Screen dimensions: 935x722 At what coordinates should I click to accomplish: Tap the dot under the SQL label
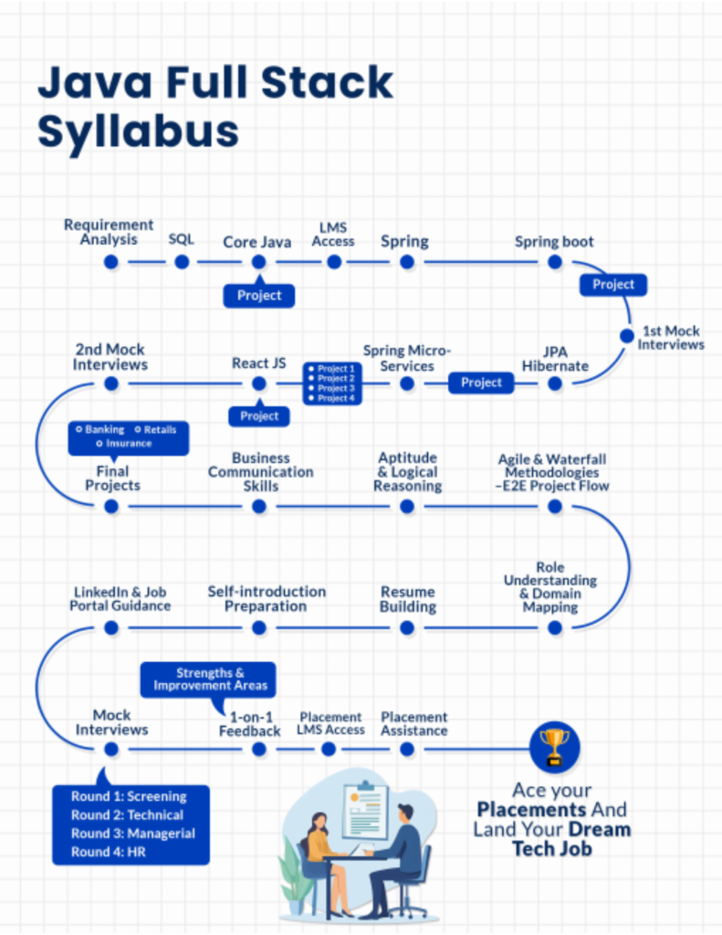click(x=182, y=262)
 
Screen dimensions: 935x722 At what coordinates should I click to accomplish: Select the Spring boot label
click(x=554, y=242)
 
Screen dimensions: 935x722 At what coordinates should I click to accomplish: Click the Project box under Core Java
click(x=259, y=295)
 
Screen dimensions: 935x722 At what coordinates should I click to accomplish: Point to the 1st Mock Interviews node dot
click(x=626, y=335)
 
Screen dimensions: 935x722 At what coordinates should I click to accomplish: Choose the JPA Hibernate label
click(x=555, y=358)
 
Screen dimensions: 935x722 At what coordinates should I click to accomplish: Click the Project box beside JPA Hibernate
click(x=481, y=383)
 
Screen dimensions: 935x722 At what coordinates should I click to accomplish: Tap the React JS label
click(x=258, y=363)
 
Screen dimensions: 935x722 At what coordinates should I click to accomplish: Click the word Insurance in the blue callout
click(x=129, y=444)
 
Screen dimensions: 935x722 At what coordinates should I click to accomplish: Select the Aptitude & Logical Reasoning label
click(x=407, y=472)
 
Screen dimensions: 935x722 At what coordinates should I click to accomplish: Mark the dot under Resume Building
click(x=407, y=627)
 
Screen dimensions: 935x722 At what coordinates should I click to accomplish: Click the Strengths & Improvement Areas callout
click(x=209, y=679)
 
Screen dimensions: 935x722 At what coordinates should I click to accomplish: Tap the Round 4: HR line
click(x=109, y=852)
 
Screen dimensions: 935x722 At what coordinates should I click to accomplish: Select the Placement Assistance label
click(x=413, y=724)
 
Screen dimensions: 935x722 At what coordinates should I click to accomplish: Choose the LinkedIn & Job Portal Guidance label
click(x=120, y=599)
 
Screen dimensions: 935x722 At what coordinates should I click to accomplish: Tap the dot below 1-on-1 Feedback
click(x=259, y=750)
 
